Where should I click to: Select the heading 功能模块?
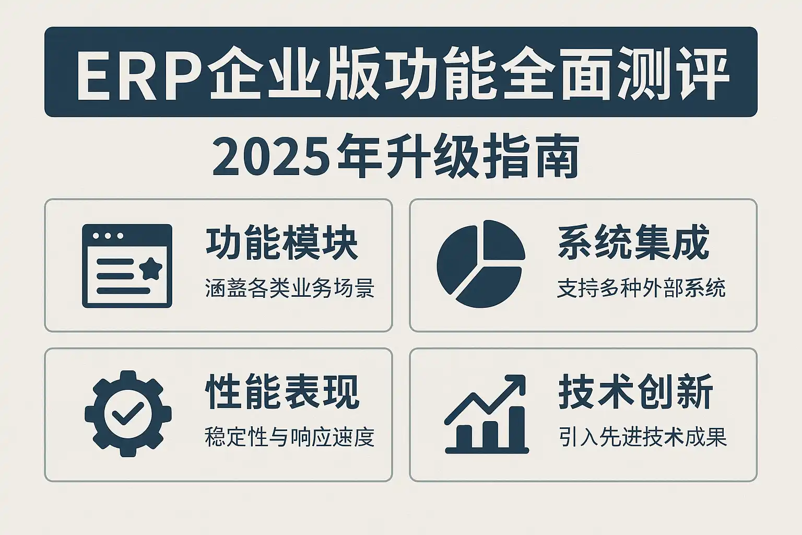tap(282, 242)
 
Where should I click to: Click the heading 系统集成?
tap(634, 242)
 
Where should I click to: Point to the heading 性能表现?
tap(282, 392)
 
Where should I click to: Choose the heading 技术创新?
tap(635, 391)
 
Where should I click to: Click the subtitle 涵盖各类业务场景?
tap(290, 288)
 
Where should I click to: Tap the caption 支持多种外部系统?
tap(641, 288)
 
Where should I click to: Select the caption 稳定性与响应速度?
tap(290, 437)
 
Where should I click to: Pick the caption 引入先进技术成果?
tap(643, 437)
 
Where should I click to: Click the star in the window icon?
tap(151, 269)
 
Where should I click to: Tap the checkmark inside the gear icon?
tap(128, 413)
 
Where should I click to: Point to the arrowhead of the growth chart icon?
tap(515, 385)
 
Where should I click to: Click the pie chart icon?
tap(481, 264)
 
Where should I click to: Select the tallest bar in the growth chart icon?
tap(516, 427)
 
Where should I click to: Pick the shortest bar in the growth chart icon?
tap(464, 436)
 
